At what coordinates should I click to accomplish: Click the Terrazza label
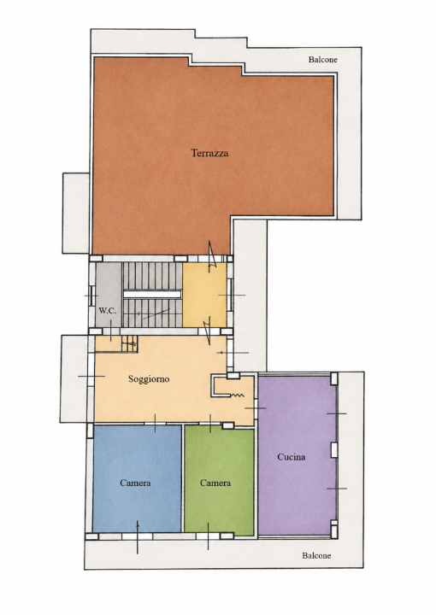pyautogui.click(x=209, y=153)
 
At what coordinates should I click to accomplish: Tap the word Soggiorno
pyautogui.click(x=149, y=379)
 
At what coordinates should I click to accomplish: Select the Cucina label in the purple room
pyautogui.click(x=292, y=457)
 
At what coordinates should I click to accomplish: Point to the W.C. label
pyautogui.click(x=107, y=311)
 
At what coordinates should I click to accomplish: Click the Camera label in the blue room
pyautogui.click(x=135, y=483)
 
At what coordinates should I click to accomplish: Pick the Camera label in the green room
pyautogui.click(x=215, y=483)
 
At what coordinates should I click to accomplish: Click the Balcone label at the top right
pyautogui.click(x=322, y=60)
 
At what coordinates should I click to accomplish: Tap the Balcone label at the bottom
pyautogui.click(x=316, y=555)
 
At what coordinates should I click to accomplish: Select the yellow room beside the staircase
pyautogui.click(x=205, y=295)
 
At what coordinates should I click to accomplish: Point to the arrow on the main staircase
pyautogui.click(x=153, y=313)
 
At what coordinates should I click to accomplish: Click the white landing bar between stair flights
pyautogui.click(x=152, y=295)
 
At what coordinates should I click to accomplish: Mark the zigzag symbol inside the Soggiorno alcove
pyautogui.click(x=237, y=395)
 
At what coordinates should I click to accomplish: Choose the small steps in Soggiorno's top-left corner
pyautogui.click(x=129, y=344)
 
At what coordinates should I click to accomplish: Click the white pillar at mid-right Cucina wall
pyautogui.click(x=334, y=450)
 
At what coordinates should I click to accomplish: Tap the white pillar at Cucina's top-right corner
pyautogui.click(x=334, y=378)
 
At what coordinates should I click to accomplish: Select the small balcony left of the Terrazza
pyautogui.click(x=76, y=214)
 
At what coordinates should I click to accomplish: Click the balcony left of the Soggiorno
pyautogui.click(x=74, y=378)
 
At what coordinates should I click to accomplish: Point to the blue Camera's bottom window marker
pyautogui.click(x=138, y=537)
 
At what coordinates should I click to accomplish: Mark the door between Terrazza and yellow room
pyautogui.click(x=212, y=256)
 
